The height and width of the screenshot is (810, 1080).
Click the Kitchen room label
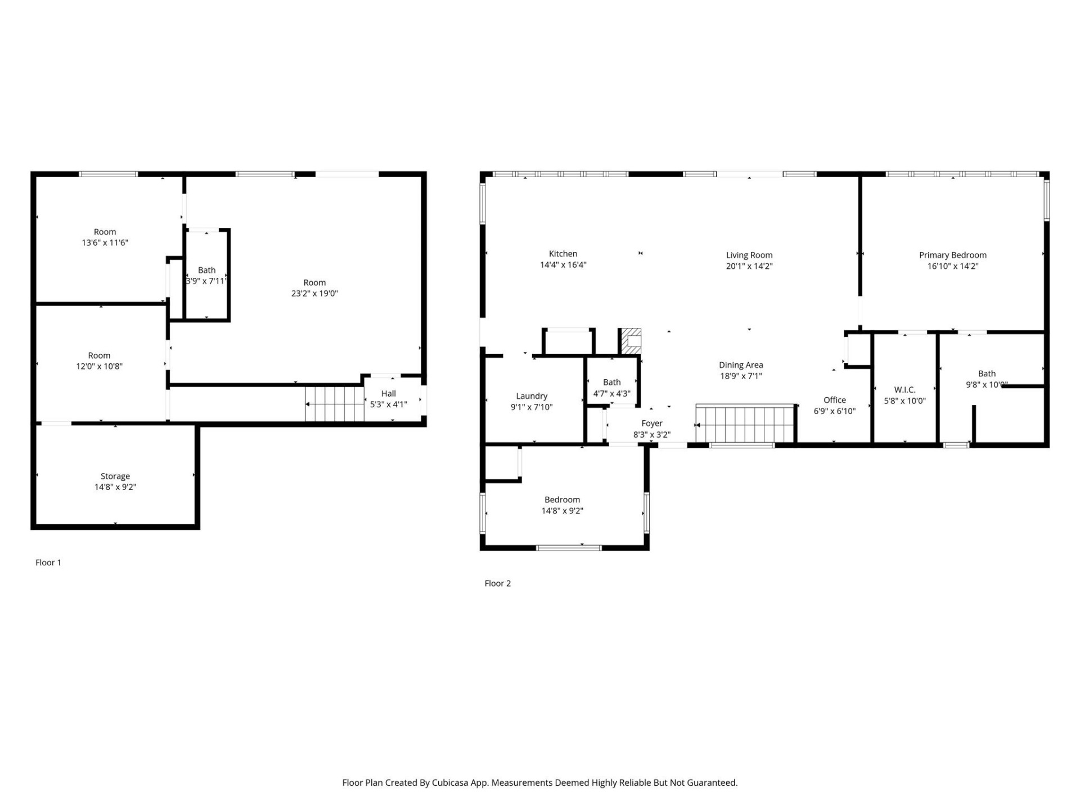(562, 254)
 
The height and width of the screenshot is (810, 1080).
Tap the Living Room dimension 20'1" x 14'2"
(749, 266)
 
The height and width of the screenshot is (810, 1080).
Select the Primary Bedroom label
(952, 255)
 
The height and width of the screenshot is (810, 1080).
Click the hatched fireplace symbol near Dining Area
(631, 341)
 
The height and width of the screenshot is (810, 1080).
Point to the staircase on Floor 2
(744, 424)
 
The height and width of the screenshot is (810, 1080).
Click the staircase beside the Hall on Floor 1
(335, 403)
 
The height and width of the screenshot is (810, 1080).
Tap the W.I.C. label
(904, 390)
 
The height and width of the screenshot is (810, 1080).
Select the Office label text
(834, 400)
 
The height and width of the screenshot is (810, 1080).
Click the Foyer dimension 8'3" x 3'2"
(651, 435)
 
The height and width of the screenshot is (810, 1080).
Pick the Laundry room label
(532, 396)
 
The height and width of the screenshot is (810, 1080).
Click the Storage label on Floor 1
(115, 476)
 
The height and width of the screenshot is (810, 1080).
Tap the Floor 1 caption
(48, 562)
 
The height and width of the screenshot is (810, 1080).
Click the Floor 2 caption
(497, 583)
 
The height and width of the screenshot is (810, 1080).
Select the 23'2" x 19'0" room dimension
(314, 293)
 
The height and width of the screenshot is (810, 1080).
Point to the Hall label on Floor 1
(388, 394)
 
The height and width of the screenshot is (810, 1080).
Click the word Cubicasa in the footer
(449, 782)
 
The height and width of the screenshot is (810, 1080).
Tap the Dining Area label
(740, 365)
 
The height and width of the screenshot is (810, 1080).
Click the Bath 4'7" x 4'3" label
(611, 382)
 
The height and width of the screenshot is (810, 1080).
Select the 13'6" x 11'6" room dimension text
(105, 242)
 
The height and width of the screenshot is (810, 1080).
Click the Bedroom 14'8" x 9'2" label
(562, 499)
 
